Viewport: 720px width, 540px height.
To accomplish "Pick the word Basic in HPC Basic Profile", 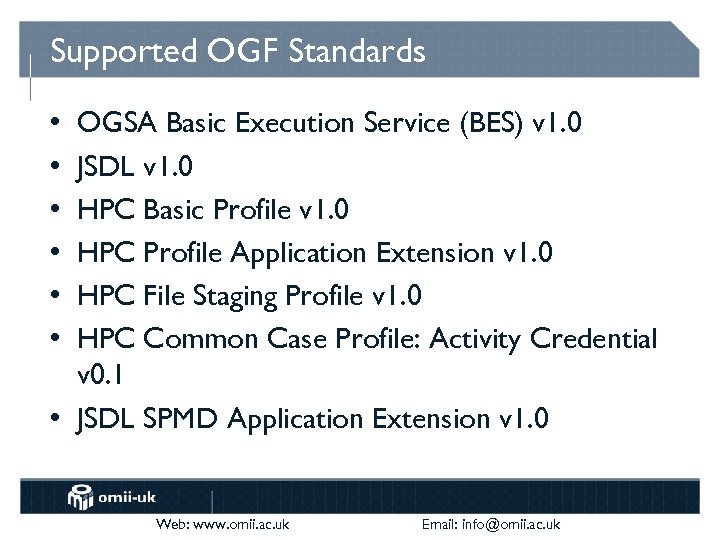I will (x=176, y=210).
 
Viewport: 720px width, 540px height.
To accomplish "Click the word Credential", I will (x=594, y=340).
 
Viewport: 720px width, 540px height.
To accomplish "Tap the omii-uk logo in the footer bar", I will (x=113, y=496).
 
